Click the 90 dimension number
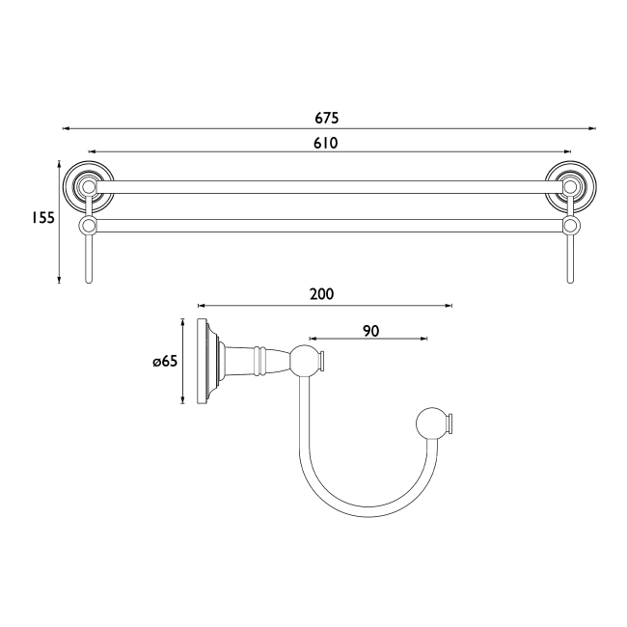point(370,330)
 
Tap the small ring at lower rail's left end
point(89,226)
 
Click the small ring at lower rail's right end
point(570,226)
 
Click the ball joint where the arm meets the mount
point(306,362)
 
